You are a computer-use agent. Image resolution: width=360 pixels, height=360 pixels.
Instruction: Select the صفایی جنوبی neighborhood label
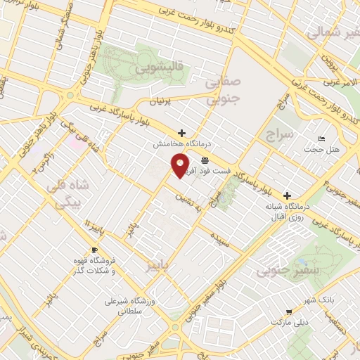[224, 91]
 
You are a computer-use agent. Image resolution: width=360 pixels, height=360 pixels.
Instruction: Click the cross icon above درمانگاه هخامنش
[181, 132]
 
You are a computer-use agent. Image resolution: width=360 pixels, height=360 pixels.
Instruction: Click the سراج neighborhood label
[280, 135]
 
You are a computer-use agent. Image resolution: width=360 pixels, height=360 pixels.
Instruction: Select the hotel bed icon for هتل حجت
[322, 139]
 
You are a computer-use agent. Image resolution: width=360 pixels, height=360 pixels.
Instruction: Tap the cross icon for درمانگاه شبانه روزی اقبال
[287, 195]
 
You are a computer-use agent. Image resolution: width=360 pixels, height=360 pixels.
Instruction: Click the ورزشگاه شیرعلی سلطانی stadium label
[133, 306]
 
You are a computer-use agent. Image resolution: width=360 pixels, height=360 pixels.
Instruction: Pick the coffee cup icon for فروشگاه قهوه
[95, 250]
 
